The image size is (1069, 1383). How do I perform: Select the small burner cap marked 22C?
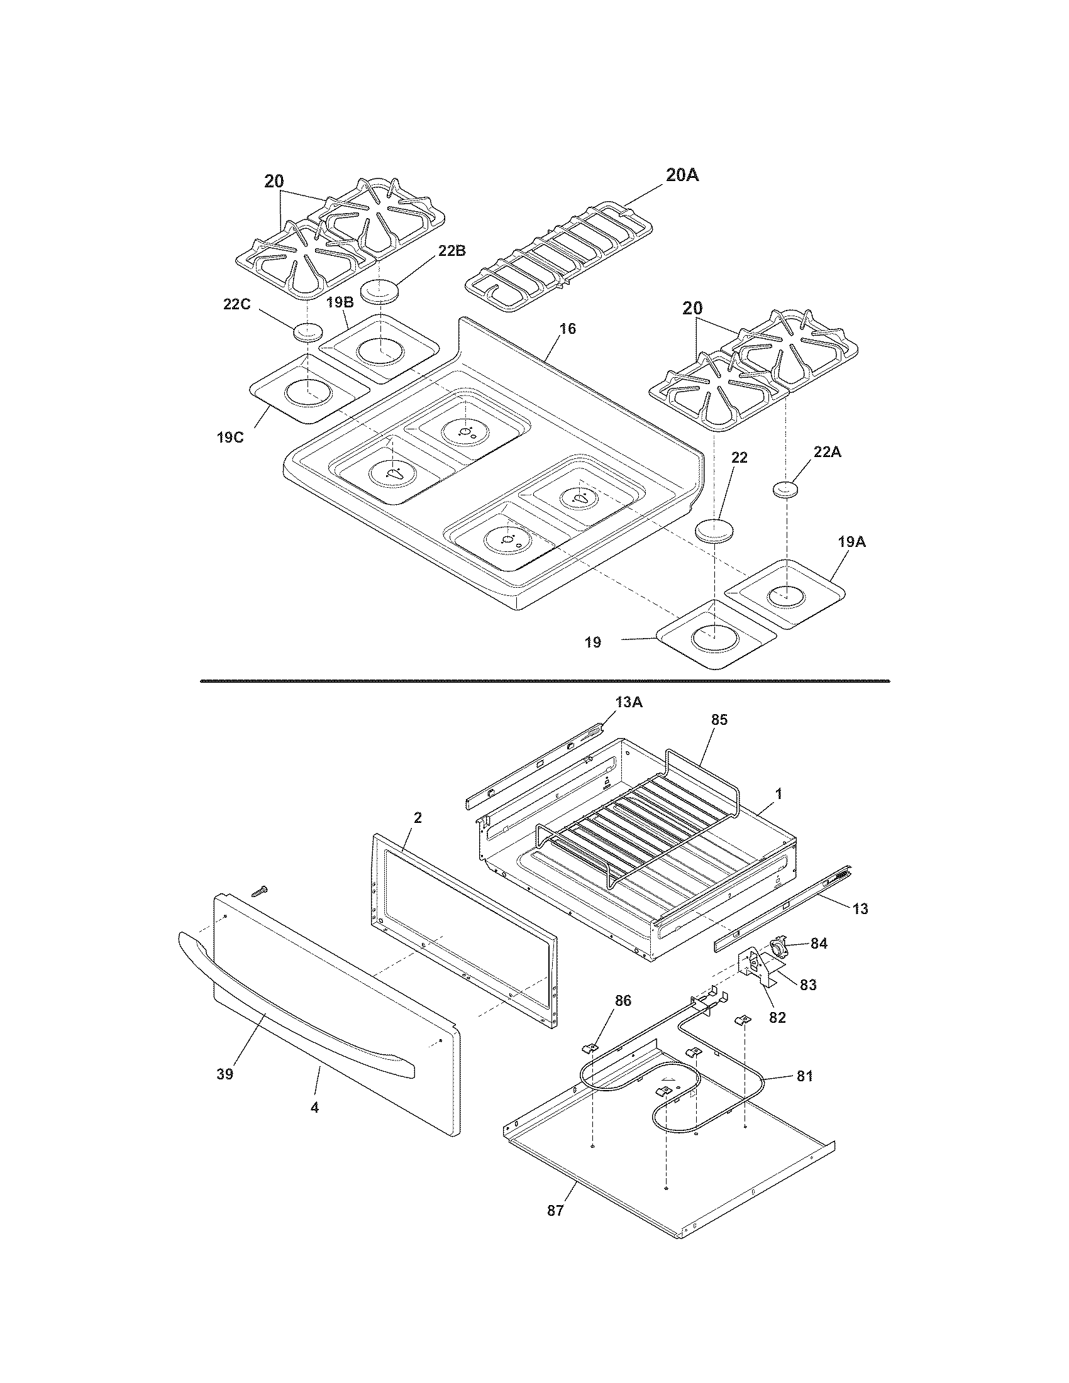click(308, 331)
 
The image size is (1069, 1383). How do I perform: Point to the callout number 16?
click(567, 329)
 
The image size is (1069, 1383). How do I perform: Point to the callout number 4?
click(315, 1108)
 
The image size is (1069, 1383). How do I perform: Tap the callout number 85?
click(719, 719)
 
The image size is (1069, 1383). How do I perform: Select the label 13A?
click(628, 702)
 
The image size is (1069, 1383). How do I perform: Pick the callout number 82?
click(777, 1018)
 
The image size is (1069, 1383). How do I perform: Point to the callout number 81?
click(804, 1076)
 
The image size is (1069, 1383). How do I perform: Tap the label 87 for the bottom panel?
click(555, 1210)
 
